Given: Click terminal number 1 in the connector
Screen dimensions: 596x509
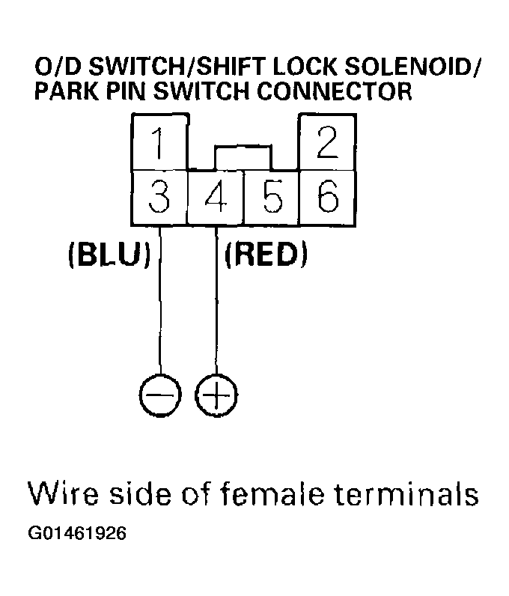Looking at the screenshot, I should click(158, 142).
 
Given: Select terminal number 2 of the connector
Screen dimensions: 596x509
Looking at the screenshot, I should click(327, 142).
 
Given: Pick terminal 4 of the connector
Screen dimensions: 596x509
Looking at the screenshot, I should click(216, 197).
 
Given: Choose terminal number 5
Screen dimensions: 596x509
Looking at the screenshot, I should click(272, 197).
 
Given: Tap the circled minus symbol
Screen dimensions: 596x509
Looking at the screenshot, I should click(160, 394).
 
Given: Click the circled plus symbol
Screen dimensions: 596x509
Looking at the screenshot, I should click(216, 394).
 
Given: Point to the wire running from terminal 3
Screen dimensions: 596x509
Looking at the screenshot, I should click(160, 314).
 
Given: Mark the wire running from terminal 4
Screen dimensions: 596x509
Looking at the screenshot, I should click(216, 314).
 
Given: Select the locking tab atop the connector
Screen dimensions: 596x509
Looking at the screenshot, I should click(243, 157).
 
